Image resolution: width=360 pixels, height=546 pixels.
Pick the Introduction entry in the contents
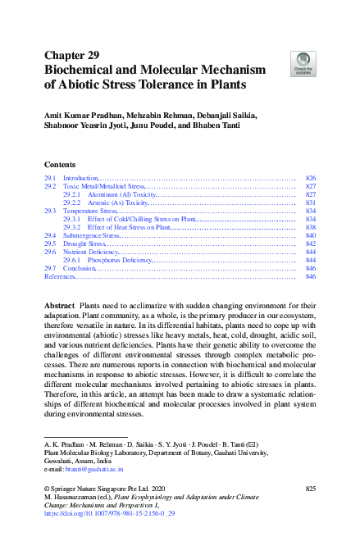pyautogui.click(x=80, y=178)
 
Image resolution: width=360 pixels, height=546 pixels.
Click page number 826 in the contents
pyautogui.click(x=310, y=178)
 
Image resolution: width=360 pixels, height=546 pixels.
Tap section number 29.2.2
pyautogui.click(x=71, y=202)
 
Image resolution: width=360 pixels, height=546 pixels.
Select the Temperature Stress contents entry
pyautogui.click(x=91, y=211)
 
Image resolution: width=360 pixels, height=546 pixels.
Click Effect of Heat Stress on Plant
pyautogui.click(x=129, y=227)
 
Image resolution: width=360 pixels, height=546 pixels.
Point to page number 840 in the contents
pyautogui.click(x=310, y=235)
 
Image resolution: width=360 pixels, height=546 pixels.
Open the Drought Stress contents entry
pyautogui.click(x=85, y=243)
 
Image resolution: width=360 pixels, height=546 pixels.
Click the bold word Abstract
pyautogui.click(x=59, y=305)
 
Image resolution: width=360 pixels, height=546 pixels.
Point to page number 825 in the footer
pyautogui.click(x=310, y=488)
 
